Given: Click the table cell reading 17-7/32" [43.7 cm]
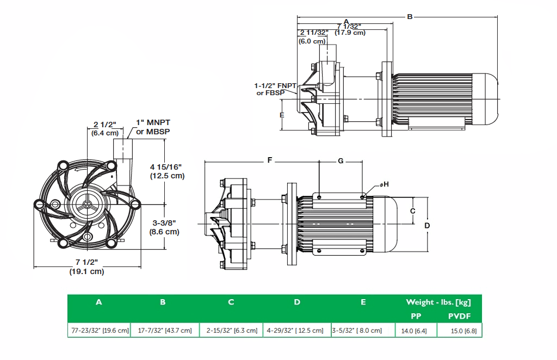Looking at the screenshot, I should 163,330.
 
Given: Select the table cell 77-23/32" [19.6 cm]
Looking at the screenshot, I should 98,330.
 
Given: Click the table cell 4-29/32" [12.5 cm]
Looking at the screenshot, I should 297,330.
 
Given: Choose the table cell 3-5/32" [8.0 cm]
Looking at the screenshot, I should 363,330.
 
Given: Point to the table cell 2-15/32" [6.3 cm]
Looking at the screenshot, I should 231,330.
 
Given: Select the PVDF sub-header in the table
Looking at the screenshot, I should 459,316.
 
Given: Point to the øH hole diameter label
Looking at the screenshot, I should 384,185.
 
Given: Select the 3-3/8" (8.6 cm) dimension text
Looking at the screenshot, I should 164,227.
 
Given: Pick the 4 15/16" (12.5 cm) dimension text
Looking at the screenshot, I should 167,171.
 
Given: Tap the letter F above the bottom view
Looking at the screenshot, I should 269,161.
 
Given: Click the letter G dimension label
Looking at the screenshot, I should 341,161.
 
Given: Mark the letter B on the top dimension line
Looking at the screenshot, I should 410,16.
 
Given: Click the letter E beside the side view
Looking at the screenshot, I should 282,115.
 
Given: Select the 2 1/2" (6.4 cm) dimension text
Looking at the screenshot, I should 105,128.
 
